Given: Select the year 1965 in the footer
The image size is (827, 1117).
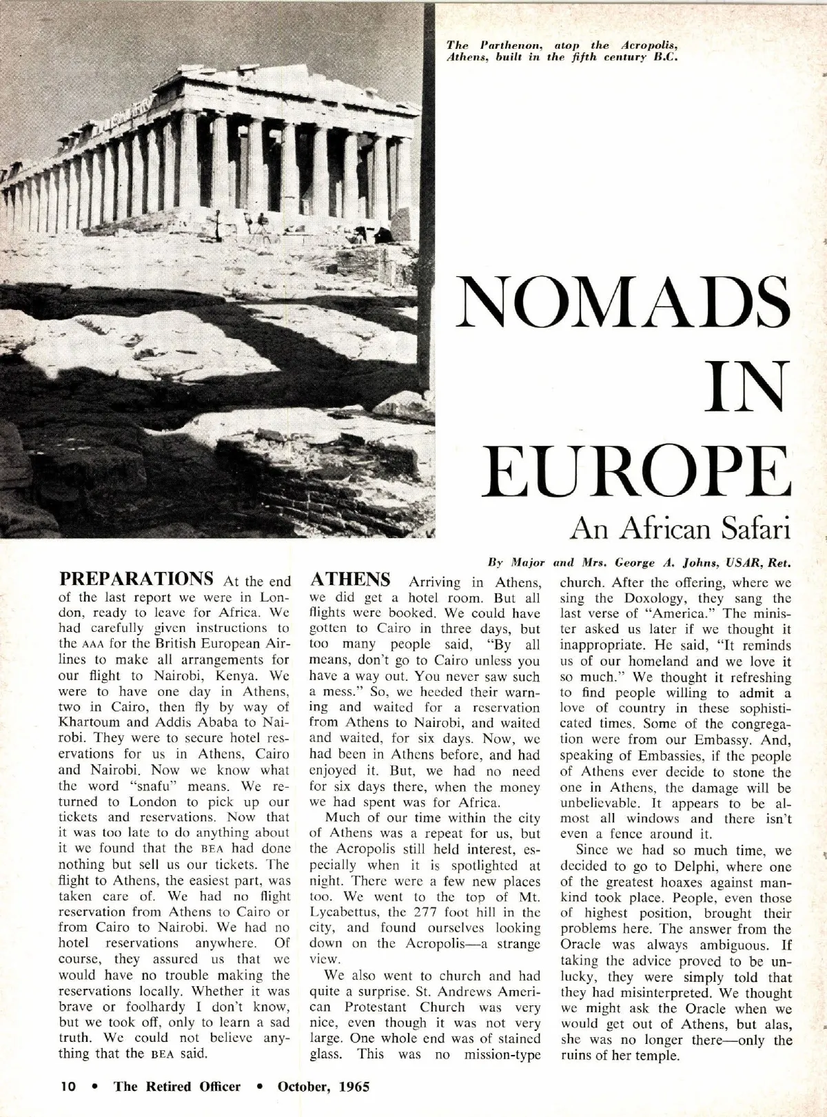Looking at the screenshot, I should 353,1087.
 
